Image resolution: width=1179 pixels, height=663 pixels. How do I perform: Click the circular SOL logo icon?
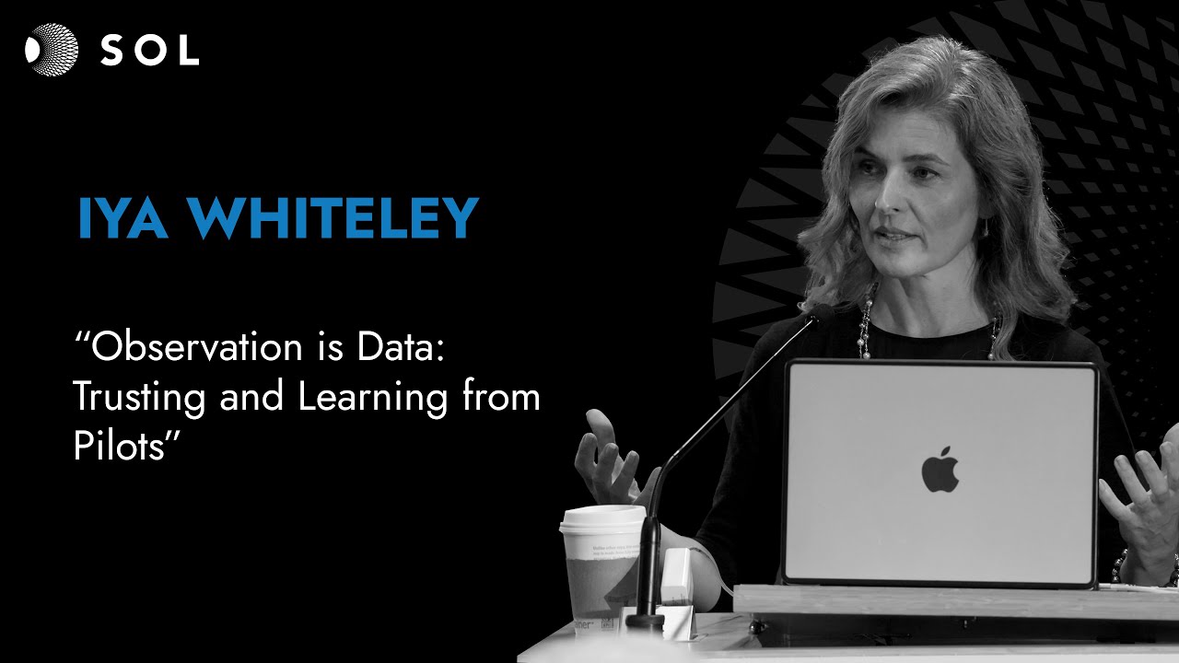pyautogui.click(x=52, y=50)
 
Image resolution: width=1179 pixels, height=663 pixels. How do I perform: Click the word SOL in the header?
pyautogui.click(x=149, y=51)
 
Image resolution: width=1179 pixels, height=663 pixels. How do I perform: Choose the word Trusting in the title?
pyautogui.click(x=139, y=397)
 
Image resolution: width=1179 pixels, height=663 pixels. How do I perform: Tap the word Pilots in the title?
pyautogui.click(x=120, y=446)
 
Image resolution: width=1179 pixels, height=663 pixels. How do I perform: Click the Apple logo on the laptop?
pyautogui.click(x=940, y=470)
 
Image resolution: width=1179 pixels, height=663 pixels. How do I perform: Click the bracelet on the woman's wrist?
pyautogui.click(x=1121, y=563)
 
